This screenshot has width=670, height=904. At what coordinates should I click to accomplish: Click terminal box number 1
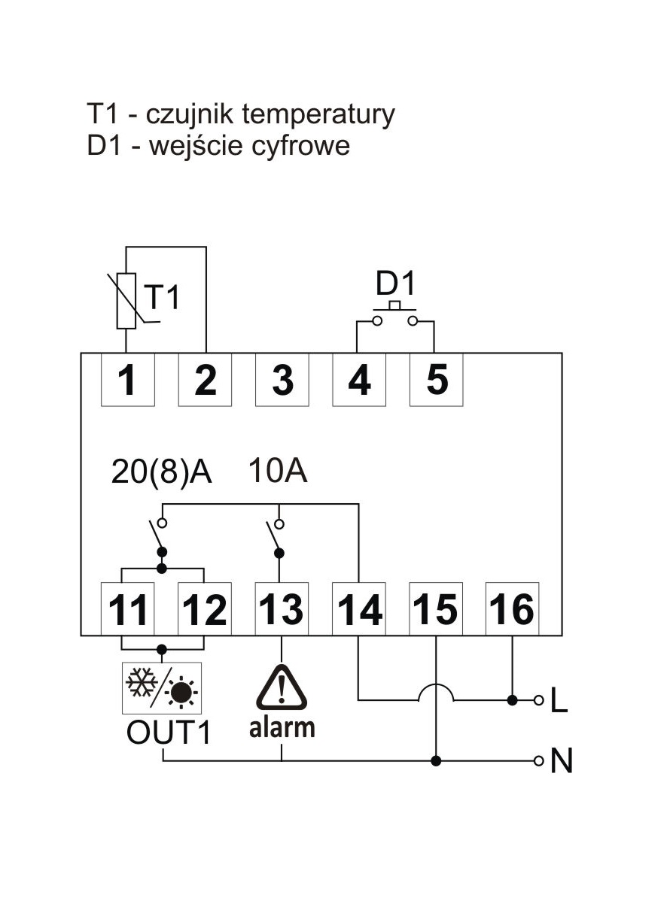click(128, 380)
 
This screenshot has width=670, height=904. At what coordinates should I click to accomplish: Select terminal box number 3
click(282, 380)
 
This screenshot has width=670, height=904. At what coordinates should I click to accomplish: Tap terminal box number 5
click(436, 380)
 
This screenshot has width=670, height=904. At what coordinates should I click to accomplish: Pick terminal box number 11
click(128, 608)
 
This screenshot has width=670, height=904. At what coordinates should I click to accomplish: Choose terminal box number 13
click(282, 608)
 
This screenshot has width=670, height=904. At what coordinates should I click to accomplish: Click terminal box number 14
click(359, 608)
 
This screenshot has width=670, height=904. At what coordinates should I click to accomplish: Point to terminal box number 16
click(513, 608)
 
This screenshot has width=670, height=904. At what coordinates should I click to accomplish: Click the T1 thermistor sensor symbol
click(126, 301)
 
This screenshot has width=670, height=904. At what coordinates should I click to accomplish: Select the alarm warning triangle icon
click(282, 687)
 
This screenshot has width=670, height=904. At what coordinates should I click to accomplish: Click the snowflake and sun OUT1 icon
click(162, 688)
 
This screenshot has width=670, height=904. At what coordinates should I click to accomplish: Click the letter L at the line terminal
click(559, 702)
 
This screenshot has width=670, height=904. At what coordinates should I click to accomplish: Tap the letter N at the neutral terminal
click(561, 762)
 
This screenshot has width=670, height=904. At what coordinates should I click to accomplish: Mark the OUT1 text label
click(169, 733)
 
